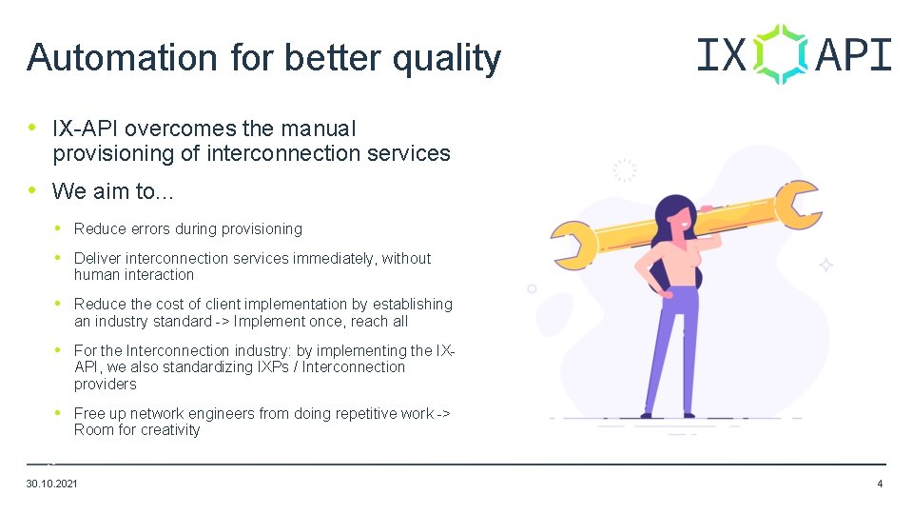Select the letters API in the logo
coord(854,55)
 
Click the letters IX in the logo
coord(722,55)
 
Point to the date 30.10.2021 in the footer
coord(52,484)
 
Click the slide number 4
coord(880,484)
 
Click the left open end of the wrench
coord(572,244)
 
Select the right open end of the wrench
coord(798,202)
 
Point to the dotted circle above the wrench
coord(624,170)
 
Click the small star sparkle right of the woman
coord(826,266)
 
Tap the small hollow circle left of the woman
coord(532,288)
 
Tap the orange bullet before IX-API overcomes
coord(32,128)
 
